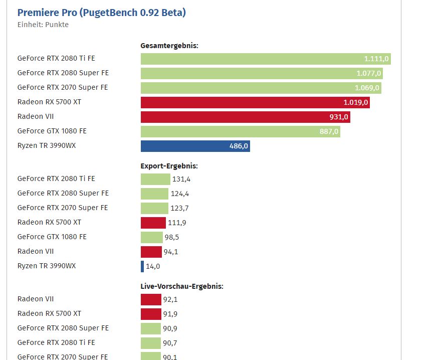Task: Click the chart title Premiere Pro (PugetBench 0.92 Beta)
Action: (x=101, y=13)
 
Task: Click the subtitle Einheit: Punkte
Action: (x=43, y=25)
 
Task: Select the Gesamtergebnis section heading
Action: (x=169, y=46)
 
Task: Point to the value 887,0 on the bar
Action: (x=329, y=131)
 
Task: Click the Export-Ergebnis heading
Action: (x=169, y=165)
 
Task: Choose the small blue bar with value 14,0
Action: (x=142, y=266)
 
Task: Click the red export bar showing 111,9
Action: (x=153, y=223)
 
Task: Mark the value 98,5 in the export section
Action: (x=172, y=237)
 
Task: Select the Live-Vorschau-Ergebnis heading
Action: (x=181, y=286)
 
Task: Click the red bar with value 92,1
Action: (x=151, y=299)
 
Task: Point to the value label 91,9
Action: (x=170, y=314)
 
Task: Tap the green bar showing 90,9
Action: (x=151, y=328)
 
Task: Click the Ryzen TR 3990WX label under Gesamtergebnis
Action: (x=47, y=145)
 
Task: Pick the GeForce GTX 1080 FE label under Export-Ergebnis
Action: (x=52, y=237)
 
